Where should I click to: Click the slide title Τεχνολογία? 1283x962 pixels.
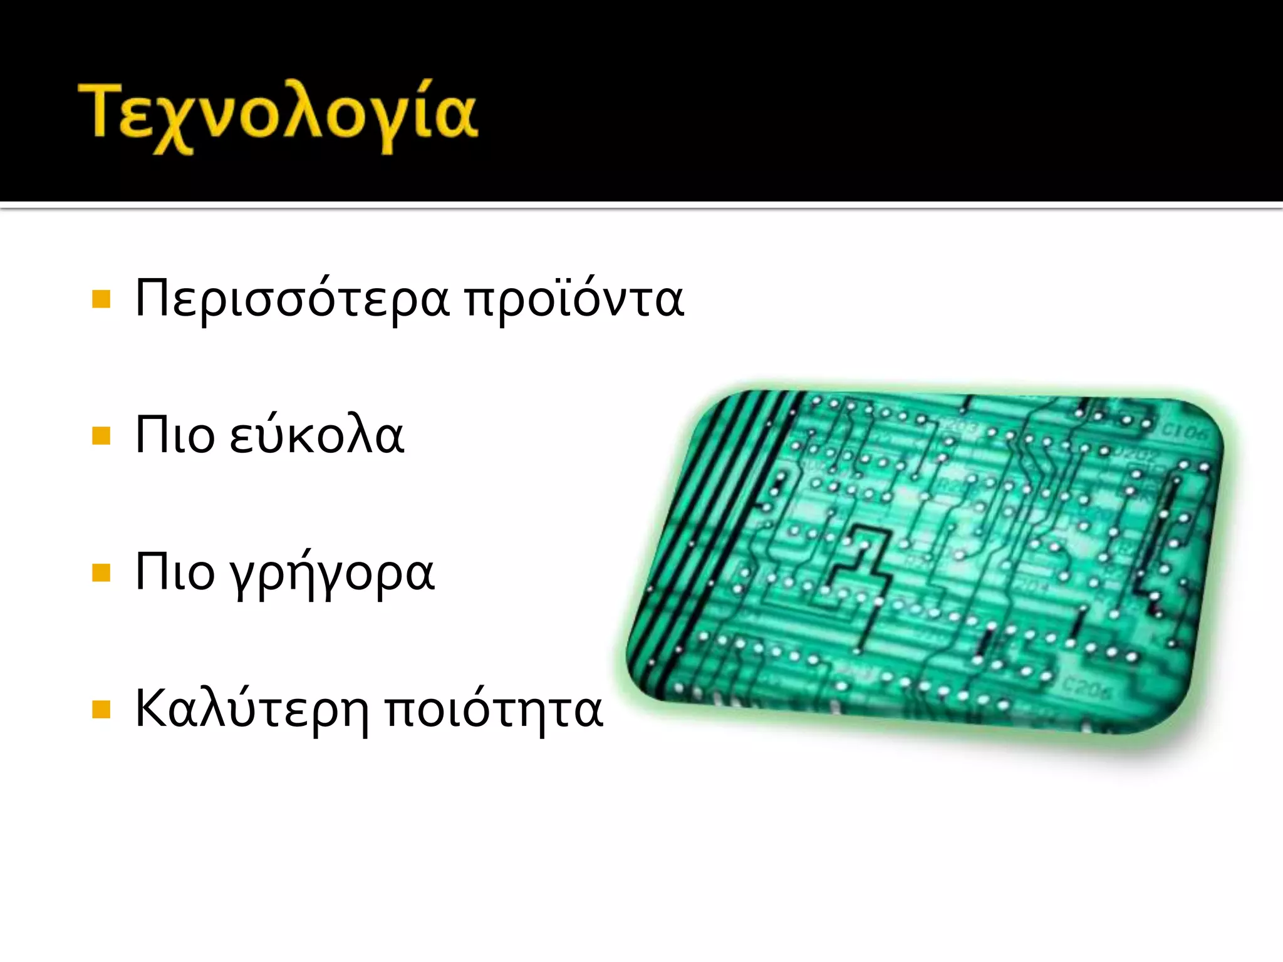click(x=278, y=116)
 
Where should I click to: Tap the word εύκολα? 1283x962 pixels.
click(x=316, y=435)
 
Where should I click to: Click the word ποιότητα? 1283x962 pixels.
click(x=494, y=710)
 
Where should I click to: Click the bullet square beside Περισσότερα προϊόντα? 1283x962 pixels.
click(x=101, y=299)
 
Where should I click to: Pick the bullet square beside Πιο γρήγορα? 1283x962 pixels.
click(x=101, y=573)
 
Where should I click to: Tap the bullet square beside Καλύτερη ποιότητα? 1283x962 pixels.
click(x=101, y=710)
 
